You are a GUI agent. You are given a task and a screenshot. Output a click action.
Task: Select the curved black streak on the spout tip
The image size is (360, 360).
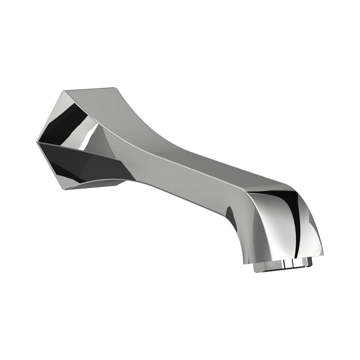click(x=295, y=223)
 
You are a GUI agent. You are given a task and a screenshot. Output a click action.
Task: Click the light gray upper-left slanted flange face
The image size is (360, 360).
click(x=50, y=115)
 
